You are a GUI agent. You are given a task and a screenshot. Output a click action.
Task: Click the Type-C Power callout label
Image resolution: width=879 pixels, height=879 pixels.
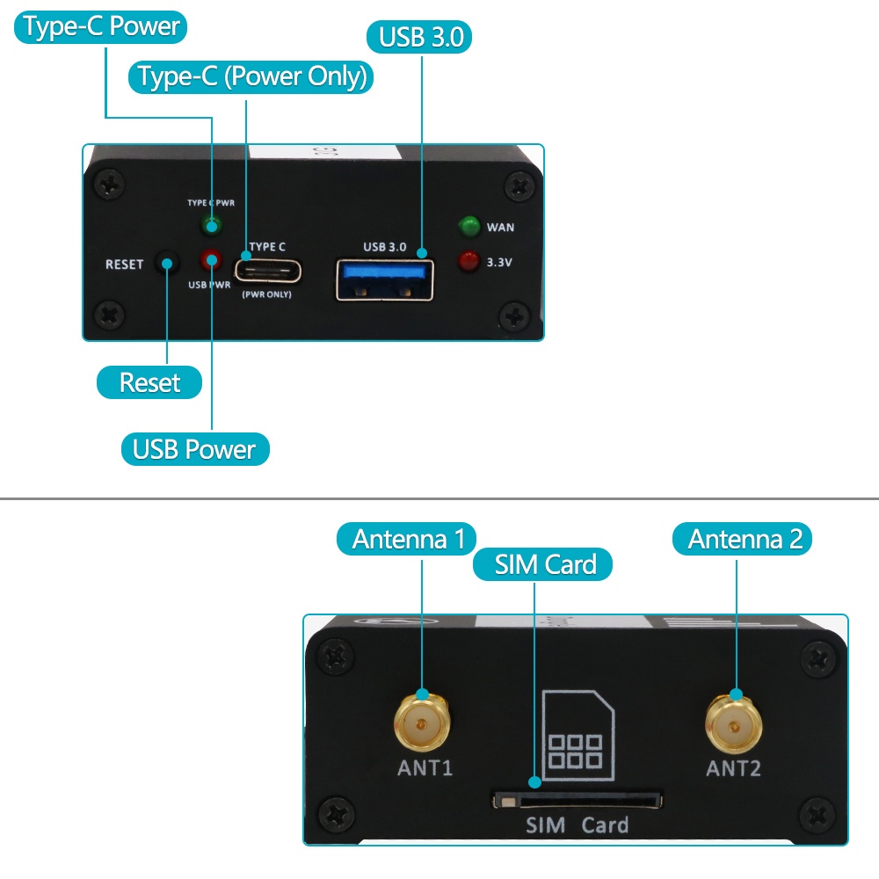coord(100,27)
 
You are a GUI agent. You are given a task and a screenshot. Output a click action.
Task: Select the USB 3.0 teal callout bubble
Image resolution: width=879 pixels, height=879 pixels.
coord(419,37)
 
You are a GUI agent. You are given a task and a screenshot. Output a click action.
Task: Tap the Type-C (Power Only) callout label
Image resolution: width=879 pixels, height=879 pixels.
coord(251,76)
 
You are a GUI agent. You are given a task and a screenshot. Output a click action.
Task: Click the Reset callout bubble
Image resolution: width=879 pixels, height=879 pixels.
coord(149,382)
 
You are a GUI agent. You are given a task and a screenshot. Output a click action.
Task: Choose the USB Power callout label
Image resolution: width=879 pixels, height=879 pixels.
coord(195,449)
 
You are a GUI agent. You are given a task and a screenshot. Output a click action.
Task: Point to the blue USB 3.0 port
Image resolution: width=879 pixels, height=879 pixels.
coord(385,280)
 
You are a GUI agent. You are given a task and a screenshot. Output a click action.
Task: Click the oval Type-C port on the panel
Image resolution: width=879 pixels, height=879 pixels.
coord(268,272)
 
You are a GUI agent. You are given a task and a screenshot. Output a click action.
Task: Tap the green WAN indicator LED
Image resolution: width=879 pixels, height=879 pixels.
coord(469,227)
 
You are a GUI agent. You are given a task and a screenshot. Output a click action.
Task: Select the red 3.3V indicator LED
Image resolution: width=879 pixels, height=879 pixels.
coord(469,261)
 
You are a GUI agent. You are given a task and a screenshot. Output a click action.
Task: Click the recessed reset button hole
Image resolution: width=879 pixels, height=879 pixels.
coord(167,264)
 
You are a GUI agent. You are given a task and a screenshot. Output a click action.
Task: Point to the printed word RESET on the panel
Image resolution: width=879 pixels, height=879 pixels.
coord(125,265)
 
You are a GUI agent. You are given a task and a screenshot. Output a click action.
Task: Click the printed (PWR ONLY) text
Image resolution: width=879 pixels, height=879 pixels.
coord(267,294)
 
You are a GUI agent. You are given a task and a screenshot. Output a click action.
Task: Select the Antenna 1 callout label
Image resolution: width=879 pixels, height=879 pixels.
coord(406,540)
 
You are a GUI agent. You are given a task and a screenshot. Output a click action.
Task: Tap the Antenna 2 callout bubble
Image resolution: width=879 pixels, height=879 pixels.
coord(742,540)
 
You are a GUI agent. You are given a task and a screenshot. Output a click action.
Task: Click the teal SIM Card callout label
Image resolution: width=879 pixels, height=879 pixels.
coord(542,564)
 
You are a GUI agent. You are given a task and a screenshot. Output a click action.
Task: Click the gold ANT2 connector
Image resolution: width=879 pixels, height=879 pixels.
coord(733,726)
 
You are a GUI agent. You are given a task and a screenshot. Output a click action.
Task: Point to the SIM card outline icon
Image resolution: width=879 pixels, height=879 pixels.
coord(578,736)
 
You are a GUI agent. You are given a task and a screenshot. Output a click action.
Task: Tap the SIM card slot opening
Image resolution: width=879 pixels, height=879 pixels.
coord(578,801)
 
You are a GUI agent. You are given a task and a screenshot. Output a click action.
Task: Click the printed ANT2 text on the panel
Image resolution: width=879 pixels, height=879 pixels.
coord(733,768)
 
